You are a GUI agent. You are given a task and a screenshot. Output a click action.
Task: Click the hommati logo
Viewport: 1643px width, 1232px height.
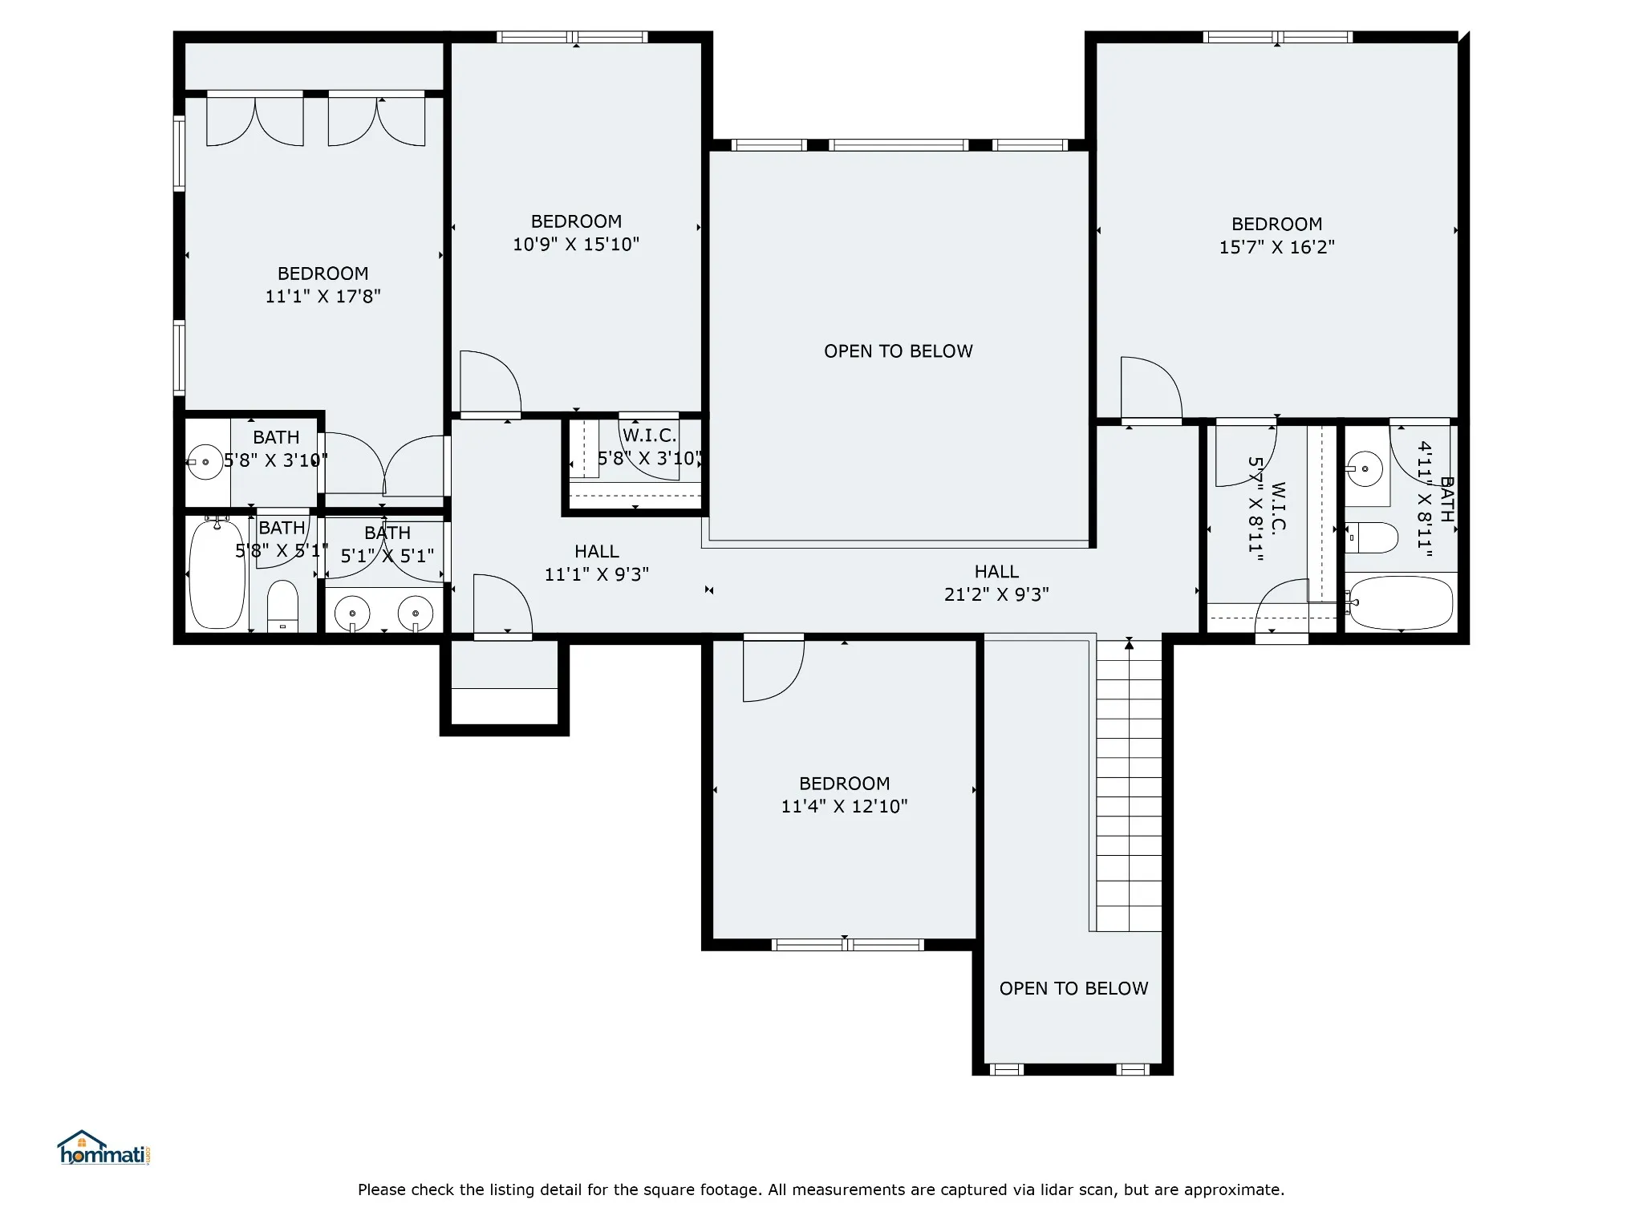[103, 1148]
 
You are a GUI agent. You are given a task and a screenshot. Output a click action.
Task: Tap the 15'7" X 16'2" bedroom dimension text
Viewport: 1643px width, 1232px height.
[1276, 247]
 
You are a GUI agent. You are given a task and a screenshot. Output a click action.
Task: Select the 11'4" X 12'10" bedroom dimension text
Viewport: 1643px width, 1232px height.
[844, 806]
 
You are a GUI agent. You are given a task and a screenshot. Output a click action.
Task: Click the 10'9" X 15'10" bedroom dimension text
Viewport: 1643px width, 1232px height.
[576, 244]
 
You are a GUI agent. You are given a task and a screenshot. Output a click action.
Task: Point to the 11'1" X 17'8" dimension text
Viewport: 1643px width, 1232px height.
[323, 296]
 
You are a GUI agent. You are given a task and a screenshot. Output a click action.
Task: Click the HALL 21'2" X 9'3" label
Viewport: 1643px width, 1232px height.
[996, 583]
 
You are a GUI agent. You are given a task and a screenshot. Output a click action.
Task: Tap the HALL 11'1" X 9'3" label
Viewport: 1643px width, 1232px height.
[597, 563]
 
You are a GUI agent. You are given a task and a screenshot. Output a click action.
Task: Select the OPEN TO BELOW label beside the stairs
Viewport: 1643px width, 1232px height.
[1073, 988]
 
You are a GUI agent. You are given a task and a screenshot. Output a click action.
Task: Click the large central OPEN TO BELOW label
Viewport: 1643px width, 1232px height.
[899, 351]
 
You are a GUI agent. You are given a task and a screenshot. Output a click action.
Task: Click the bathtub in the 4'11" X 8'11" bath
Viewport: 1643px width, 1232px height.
[1401, 602]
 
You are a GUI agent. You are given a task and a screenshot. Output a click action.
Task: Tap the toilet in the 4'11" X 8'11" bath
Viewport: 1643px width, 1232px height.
[1373, 537]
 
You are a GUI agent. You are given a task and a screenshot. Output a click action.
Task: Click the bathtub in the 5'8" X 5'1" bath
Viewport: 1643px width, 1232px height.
[217, 573]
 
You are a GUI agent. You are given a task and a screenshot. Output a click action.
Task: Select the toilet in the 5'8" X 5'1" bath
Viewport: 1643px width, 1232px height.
[282, 606]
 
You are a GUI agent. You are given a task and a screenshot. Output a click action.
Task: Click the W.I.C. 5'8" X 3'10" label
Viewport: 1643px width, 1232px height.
[649, 447]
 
